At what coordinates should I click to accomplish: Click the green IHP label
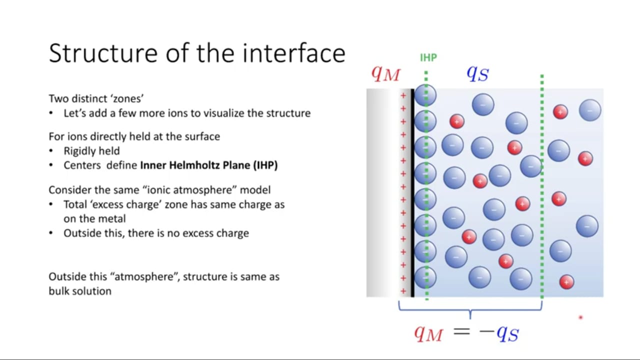[428, 57]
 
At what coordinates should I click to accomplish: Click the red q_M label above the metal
[385, 74]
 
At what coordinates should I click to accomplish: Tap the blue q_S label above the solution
[477, 73]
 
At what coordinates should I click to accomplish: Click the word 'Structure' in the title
[103, 53]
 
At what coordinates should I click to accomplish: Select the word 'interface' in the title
[294, 53]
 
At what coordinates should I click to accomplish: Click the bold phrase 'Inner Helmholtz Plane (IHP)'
[209, 165]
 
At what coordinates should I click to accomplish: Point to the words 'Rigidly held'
[91, 151]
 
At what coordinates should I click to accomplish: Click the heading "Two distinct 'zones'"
[96, 98]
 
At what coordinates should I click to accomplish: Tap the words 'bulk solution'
[80, 291]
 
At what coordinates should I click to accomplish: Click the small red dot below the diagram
[580, 317]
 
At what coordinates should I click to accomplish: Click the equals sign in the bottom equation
[461, 331]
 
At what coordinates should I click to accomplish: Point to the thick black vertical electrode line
[412, 193]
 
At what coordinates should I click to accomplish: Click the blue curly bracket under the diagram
[470, 310]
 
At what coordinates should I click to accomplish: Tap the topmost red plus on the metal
[403, 95]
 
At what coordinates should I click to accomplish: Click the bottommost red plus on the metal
[403, 291]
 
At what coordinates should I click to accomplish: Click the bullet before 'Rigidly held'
[51, 151]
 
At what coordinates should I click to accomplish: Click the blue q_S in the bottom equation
[507, 333]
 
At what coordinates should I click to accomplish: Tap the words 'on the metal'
[94, 219]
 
